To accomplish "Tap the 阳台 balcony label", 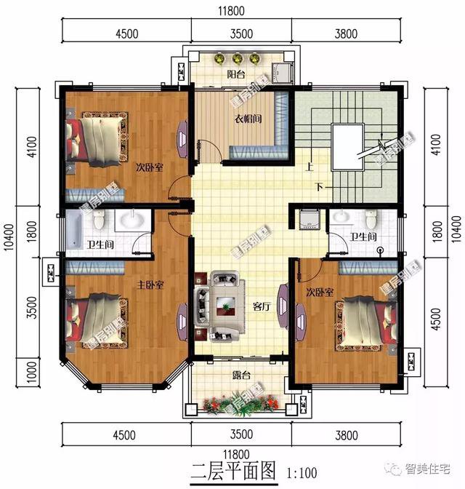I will tap(235, 74).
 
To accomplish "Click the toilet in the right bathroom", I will tap(371, 218).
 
